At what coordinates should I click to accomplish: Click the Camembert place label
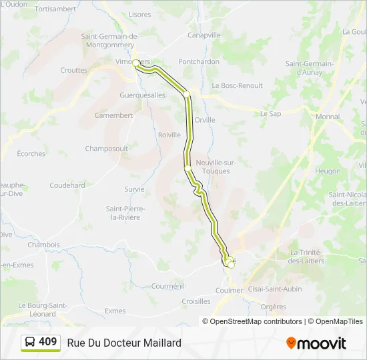[x=113, y=115]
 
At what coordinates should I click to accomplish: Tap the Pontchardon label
[x=199, y=61]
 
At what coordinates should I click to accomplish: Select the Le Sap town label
[x=272, y=114]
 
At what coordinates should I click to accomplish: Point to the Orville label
[x=205, y=120]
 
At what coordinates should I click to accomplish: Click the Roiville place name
[x=169, y=135]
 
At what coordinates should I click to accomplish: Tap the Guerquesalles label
[x=142, y=95]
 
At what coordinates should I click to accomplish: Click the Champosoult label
[x=106, y=149]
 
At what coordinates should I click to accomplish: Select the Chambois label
[x=44, y=245]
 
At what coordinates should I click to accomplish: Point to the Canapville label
[x=204, y=35]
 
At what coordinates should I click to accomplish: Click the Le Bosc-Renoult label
[x=237, y=86]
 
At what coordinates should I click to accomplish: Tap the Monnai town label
[x=328, y=117]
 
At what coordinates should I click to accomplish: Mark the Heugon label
[x=328, y=171]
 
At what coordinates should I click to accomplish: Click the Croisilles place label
[x=196, y=301]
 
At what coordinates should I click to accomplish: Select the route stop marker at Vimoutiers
[x=136, y=63]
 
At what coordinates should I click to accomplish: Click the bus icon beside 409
[x=31, y=343]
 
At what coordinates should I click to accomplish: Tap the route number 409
[x=48, y=342]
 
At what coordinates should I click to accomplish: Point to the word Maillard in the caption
[x=161, y=343]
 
